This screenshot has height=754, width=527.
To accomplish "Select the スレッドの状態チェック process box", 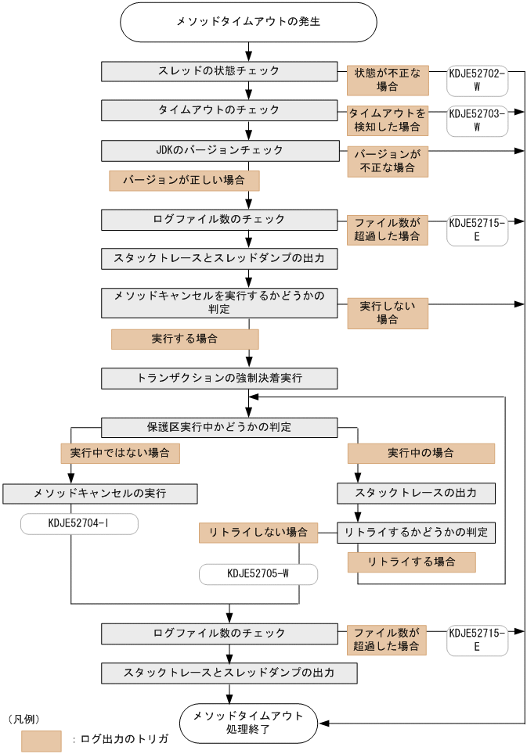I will click(219, 71).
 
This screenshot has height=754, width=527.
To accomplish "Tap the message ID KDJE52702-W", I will click(476, 80).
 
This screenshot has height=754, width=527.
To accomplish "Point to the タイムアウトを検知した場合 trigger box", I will click(388, 119).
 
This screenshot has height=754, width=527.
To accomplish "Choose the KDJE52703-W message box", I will click(476, 119).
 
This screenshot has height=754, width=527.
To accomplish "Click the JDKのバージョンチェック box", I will click(219, 149).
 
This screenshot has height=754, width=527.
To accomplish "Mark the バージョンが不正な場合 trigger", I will click(388, 161).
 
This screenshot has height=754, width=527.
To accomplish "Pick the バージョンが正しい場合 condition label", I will click(184, 181).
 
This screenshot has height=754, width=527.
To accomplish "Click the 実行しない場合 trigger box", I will click(388, 312).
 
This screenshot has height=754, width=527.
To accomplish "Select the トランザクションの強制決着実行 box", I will click(219, 379).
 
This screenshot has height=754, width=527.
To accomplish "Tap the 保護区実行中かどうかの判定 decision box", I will click(219, 427).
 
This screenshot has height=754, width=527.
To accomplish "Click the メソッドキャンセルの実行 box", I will click(100, 494).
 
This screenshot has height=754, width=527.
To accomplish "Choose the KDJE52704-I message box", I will click(79, 524).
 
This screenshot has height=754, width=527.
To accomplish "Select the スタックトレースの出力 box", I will click(416, 494).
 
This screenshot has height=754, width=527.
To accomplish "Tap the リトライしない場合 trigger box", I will click(258, 533).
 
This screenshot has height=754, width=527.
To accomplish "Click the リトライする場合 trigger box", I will click(412, 562).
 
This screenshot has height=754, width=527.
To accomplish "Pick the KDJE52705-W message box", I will click(258, 574).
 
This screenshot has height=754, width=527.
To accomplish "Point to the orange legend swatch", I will click(42, 740).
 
